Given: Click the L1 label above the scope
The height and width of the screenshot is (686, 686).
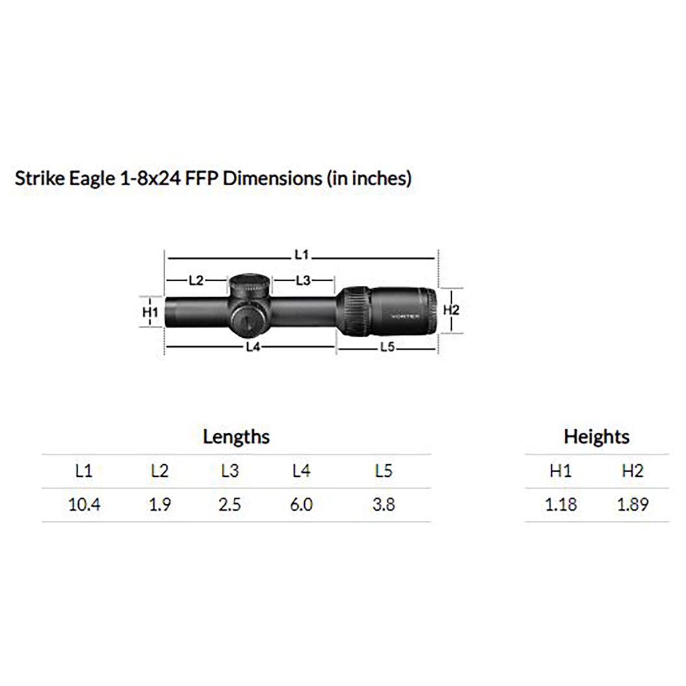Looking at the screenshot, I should coord(301,254).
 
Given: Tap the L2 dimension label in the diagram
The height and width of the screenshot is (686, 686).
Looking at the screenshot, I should coord(196,280).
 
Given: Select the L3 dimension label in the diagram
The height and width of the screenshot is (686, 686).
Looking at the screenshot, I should coord(303,280).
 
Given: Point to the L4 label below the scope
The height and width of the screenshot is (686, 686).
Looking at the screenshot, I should coord(253,347).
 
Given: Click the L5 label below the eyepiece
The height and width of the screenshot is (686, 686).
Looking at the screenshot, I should coord(387,347).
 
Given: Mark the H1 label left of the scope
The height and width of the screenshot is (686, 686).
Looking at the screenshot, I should coord(150,312).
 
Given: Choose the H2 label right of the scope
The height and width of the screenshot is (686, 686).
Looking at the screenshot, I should coord(451,310).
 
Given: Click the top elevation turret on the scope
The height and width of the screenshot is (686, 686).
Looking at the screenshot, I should coord(250,284).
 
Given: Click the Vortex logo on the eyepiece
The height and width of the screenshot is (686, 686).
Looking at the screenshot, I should coord(405,316).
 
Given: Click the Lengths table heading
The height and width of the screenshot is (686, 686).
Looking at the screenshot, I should coord(236,437).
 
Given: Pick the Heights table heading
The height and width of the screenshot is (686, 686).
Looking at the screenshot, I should coord(596,437).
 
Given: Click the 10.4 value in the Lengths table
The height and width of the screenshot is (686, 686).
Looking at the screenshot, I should coord(84,505).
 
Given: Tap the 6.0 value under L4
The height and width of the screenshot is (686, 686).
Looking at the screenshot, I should coord(301,505).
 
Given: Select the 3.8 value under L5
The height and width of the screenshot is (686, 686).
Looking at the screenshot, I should coord(383,505).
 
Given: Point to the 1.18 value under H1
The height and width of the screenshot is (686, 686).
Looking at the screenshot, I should coord(561,505).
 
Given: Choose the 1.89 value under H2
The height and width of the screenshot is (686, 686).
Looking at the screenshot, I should coord(632,505).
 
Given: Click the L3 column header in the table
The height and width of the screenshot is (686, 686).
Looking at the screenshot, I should coord(230,471).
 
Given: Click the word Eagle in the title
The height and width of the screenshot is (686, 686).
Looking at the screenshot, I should coord(93,179).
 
